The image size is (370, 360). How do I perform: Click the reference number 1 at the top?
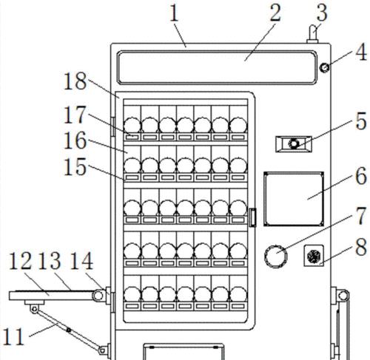pyautogui.click(x=175, y=14)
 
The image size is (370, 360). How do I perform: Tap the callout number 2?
pyautogui.click(x=275, y=13)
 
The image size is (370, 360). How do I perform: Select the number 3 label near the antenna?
pyautogui.click(x=321, y=12)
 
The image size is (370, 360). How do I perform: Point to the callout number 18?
pyautogui.click(x=75, y=81)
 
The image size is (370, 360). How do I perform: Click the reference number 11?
pyautogui.click(x=13, y=336)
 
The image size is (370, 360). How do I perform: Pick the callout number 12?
pyautogui.click(x=20, y=261)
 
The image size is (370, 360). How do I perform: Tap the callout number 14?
pyautogui.click(x=81, y=261)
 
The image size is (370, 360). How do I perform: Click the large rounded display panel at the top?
pyautogui.click(x=217, y=67)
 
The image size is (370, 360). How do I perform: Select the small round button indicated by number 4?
pyautogui.click(x=324, y=67)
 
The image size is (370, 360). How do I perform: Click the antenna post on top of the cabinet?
pyautogui.click(x=313, y=34)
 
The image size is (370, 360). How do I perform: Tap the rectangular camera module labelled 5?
pyautogui.click(x=294, y=143)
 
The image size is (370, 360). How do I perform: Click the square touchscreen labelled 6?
pyautogui.click(x=294, y=199)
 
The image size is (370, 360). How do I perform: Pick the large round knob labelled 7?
pyautogui.click(x=275, y=256)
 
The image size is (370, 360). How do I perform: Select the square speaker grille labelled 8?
pyautogui.click(x=314, y=256)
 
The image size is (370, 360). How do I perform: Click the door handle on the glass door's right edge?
pyautogui.click(x=252, y=217)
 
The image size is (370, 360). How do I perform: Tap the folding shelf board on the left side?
pyautogui.click(x=51, y=296)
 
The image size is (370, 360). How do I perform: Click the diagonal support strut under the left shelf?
pyautogui.click(x=68, y=330)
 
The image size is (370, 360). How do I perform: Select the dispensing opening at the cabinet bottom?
pyautogui.click(x=184, y=352)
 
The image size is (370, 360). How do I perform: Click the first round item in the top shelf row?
pyautogui.click(x=132, y=125)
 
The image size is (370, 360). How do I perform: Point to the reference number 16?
pyautogui.click(x=75, y=140)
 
